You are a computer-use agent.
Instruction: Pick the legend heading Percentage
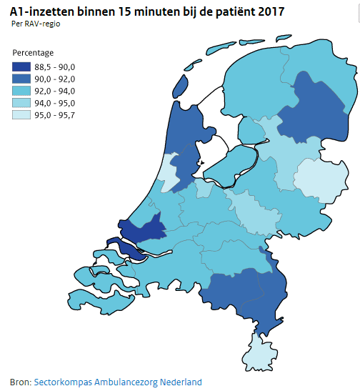(x=33, y=53)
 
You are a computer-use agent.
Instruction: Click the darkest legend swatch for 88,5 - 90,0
(x=21, y=67)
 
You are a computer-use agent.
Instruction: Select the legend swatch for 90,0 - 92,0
(x=21, y=79)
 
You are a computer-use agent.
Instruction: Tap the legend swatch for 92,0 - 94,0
(x=21, y=91)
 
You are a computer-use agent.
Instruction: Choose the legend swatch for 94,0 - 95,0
(x=21, y=104)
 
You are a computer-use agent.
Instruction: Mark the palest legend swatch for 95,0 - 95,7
(x=21, y=116)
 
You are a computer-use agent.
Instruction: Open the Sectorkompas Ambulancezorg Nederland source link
(x=118, y=382)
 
